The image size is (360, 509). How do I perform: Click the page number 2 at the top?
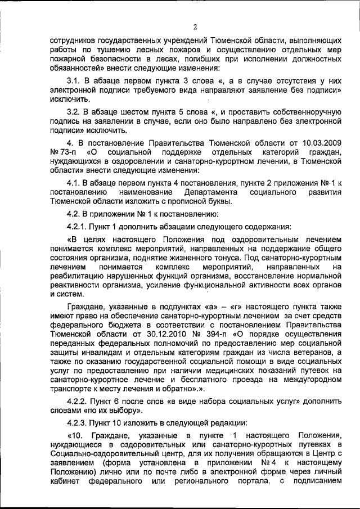pyautogui.click(x=195, y=26)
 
